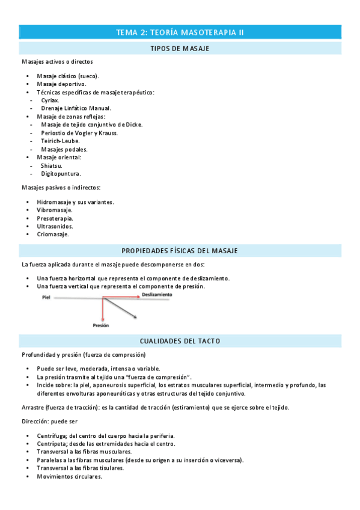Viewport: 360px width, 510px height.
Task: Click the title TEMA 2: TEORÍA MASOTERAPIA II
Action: (x=180, y=32)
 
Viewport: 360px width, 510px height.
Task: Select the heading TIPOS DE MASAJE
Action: (x=180, y=48)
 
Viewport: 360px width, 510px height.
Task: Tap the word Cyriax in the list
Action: (x=50, y=100)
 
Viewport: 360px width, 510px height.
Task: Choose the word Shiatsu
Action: (x=51, y=165)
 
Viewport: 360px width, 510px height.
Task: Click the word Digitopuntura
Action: (x=61, y=173)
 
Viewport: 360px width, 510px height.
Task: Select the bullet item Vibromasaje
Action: (x=55, y=210)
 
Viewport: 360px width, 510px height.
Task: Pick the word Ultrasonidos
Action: (x=55, y=226)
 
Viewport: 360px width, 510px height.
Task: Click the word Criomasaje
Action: (x=52, y=235)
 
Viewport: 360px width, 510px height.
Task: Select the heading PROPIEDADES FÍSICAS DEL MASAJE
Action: (x=180, y=250)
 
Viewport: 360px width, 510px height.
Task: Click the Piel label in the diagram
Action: (x=47, y=297)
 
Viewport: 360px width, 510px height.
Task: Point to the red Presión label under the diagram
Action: (x=101, y=325)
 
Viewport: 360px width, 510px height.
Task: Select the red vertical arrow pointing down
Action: (x=103, y=309)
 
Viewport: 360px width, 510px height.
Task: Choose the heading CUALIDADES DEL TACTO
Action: (x=180, y=341)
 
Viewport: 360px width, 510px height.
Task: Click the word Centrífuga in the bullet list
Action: (x=52, y=435)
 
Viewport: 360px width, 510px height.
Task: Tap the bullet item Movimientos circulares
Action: (x=69, y=476)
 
